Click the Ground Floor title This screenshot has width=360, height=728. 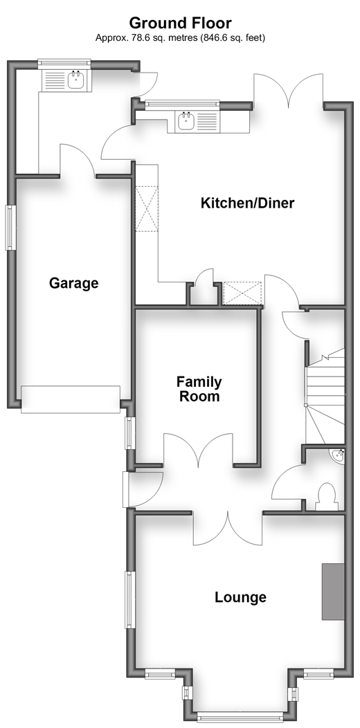[180, 23]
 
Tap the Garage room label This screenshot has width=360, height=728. [74, 283]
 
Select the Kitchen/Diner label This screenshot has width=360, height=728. [248, 203]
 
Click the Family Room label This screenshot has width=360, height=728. [199, 389]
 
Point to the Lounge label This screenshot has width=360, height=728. [241, 597]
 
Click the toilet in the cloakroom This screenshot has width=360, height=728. [327, 498]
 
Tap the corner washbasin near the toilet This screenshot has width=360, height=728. [338, 455]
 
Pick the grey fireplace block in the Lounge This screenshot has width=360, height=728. [334, 592]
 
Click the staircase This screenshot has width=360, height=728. [325, 396]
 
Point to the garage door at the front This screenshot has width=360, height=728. [71, 399]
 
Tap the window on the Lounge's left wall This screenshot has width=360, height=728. [129, 600]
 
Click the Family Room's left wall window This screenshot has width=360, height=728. [129, 433]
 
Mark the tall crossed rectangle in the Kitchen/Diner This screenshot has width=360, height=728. [147, 208]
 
